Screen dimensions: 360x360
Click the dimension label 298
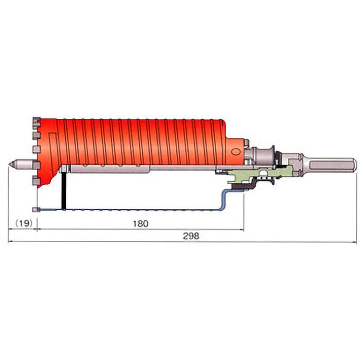(191, 236)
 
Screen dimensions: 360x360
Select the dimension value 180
(141, 224)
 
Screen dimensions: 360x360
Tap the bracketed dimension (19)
(24, 223)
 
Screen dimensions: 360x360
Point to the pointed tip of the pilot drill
(9, 164)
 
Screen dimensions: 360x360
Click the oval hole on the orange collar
(235, 152)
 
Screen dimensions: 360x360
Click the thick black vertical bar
(64, 190)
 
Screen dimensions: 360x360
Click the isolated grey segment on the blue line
(36, 209)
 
